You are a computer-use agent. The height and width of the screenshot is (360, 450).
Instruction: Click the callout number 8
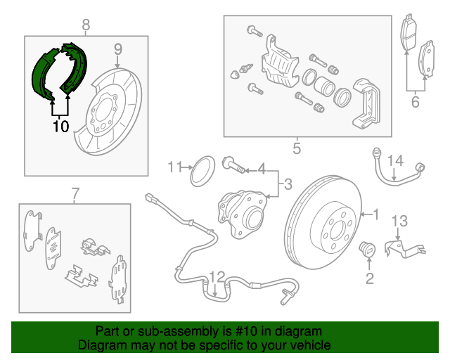pos(86,27)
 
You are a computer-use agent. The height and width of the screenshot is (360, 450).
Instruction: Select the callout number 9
pos(118,49)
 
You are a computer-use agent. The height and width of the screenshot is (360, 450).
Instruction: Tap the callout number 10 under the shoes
pos(60,127)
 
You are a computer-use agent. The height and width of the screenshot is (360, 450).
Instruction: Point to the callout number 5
pos(296,148)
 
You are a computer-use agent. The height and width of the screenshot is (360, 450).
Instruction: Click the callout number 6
pos(415,103)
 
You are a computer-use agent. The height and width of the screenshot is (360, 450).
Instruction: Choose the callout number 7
pos(75,193)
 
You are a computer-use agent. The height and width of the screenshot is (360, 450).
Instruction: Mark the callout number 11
pos(174,167)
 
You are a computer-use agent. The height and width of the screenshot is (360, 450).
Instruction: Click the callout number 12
pos(217,276)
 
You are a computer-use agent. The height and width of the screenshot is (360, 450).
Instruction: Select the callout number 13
pos(399,221)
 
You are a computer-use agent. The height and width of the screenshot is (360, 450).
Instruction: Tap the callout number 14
pos(396,161)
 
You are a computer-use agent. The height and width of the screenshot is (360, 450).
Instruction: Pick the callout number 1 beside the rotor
pos(375,213)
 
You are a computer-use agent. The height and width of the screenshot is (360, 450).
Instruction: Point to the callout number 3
pos(287,186)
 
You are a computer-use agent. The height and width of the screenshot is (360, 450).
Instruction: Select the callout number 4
pos(261,169)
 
